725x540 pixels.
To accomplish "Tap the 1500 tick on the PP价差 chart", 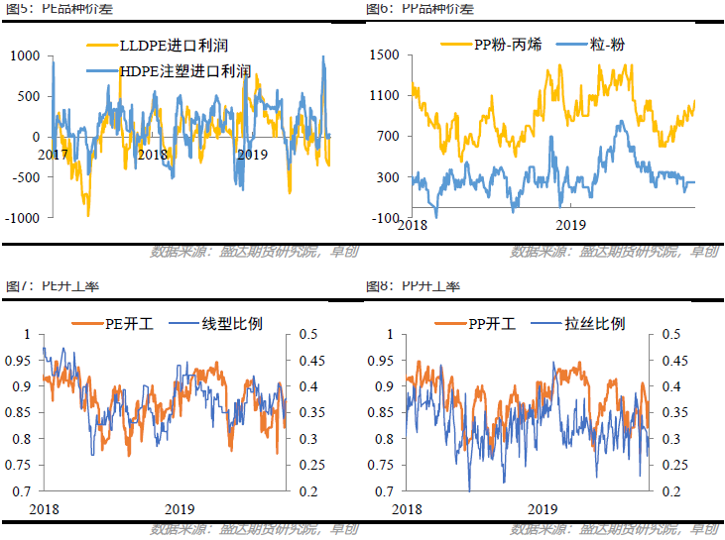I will point(385,55).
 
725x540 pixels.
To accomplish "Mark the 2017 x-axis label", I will point(55,155).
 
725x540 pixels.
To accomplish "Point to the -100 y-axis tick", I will point(385,218).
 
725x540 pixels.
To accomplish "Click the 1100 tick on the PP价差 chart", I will point(385,96).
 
